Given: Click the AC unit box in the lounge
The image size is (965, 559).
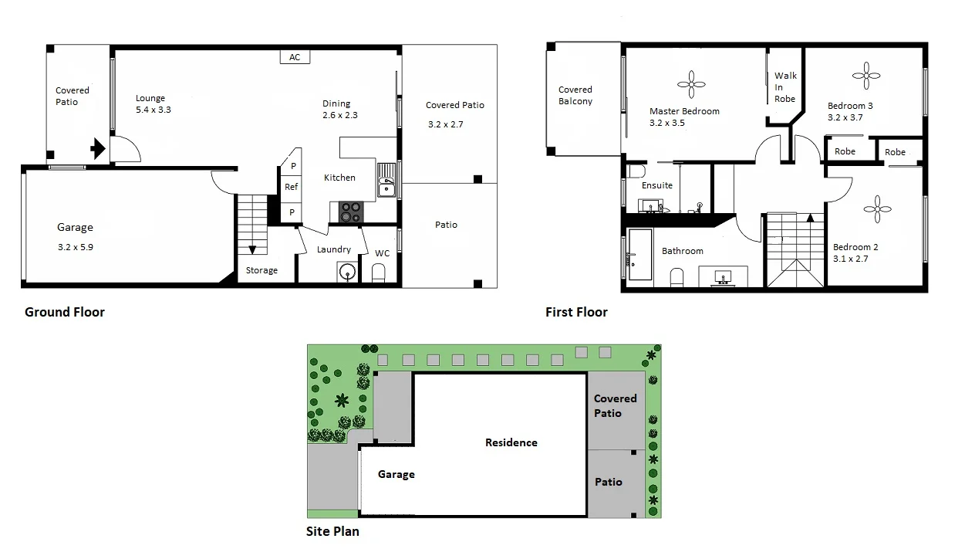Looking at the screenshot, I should (295, 57).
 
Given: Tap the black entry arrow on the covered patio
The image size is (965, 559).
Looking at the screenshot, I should (98, 148).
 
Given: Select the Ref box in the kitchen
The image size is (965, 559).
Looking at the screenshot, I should (291, 187).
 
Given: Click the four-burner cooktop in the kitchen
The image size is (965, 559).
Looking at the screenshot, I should (350, 212).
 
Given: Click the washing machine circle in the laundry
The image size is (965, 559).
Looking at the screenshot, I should (348, 272).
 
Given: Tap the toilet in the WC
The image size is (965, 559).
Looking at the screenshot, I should (378, 273).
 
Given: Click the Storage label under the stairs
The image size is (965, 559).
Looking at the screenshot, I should (261, 270).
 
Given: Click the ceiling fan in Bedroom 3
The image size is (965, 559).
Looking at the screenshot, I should (866, 75).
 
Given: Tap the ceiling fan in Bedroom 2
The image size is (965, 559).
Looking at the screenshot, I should (877, 208).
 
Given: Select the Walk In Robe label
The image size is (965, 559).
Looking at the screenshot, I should (785, 86).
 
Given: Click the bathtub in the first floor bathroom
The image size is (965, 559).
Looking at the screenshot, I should (640, 254).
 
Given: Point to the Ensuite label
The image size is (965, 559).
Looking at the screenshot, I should (657, 185).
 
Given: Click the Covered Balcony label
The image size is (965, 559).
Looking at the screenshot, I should (575, 96).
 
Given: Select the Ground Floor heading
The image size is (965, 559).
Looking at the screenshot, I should (65, 312).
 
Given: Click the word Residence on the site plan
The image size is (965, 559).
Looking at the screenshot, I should (511, 442).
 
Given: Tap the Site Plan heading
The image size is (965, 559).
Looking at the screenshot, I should (332, 531).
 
